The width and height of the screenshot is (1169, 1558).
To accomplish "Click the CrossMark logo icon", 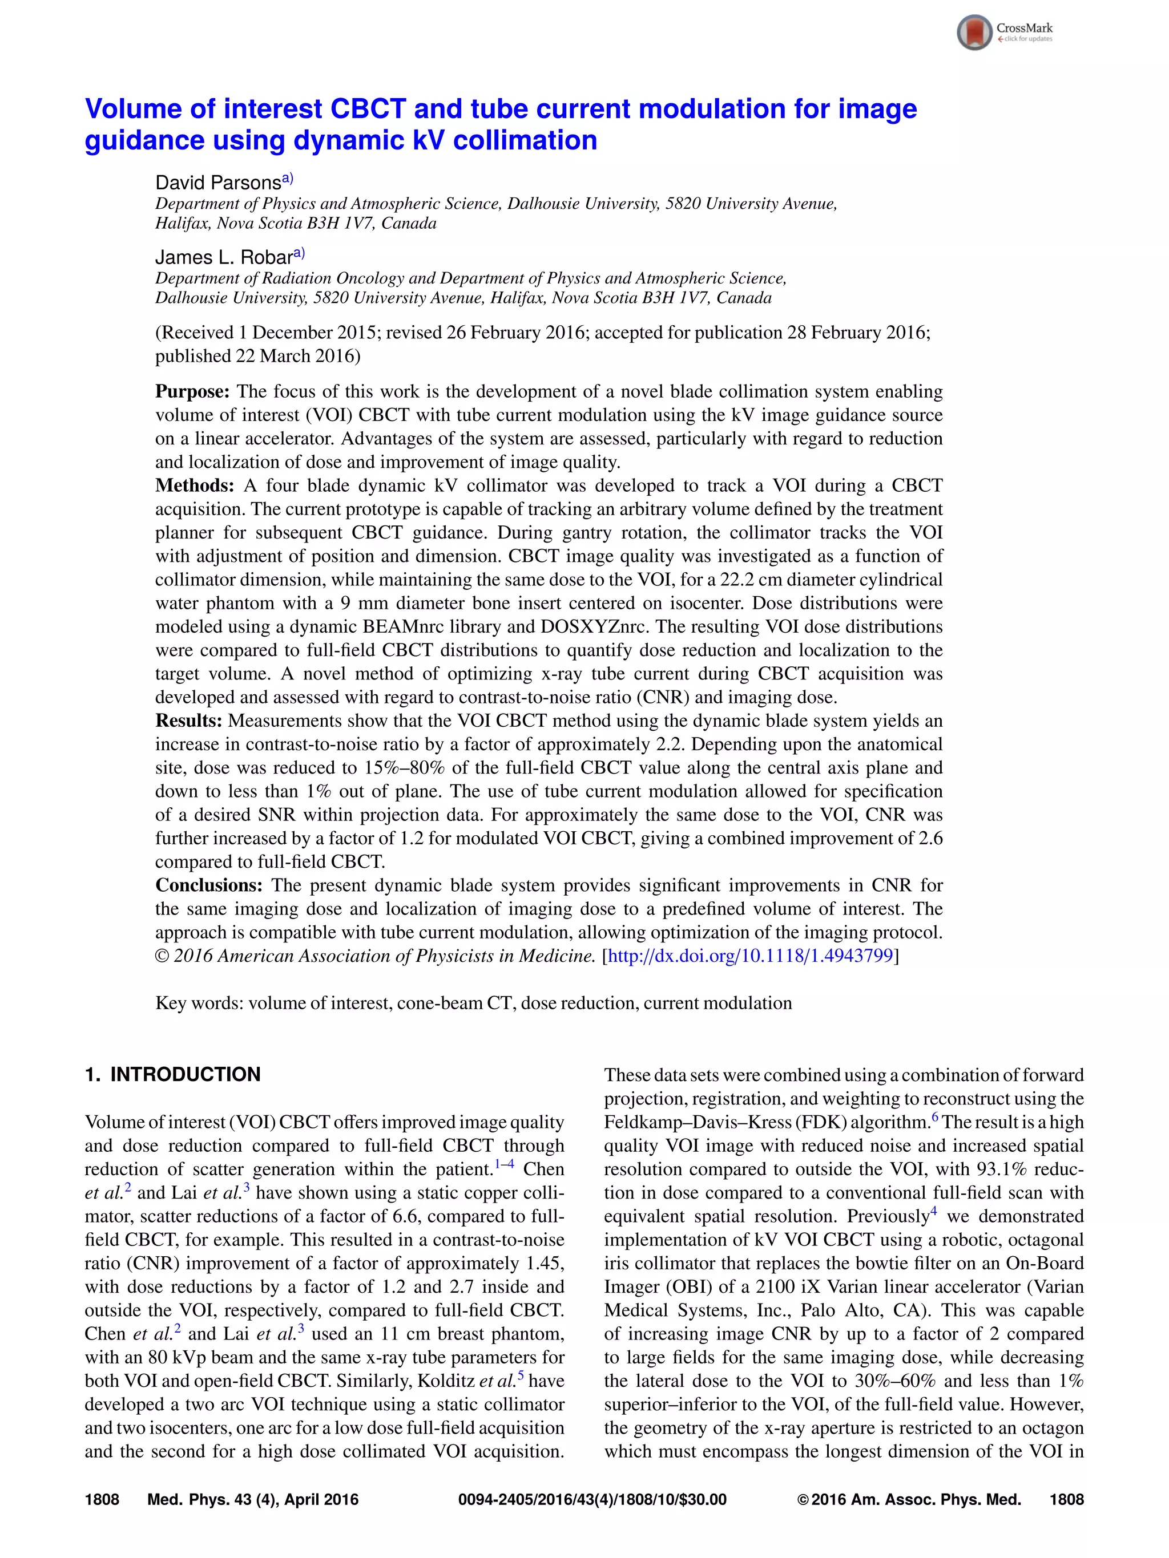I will pyautogui.click(x=974, y=33).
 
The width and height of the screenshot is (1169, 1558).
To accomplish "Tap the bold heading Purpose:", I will pyautogui.click(x=192, y=391).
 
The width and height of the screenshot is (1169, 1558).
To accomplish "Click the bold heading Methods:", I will pyautogui.click(x=195, y=486).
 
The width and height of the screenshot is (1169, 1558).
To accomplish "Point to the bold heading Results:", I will pyautogui.click(x=189, y=721).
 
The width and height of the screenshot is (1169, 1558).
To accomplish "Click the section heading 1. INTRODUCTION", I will pyautogui.click(x=172, y=1075).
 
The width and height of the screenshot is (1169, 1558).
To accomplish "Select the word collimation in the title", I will pyautogui.click(x=525, y=141).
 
